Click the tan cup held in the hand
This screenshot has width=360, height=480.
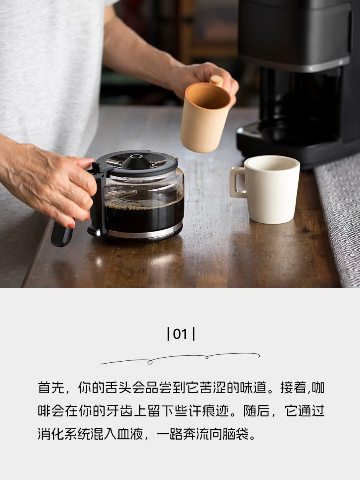[x=206, y=116]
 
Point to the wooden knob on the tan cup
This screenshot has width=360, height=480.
[x=216, y=81]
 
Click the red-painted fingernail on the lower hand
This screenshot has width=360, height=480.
[x=71, y=225]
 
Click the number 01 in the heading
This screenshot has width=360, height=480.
[x=180, y=334]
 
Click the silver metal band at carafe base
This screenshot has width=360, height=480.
[x=144, y=232]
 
